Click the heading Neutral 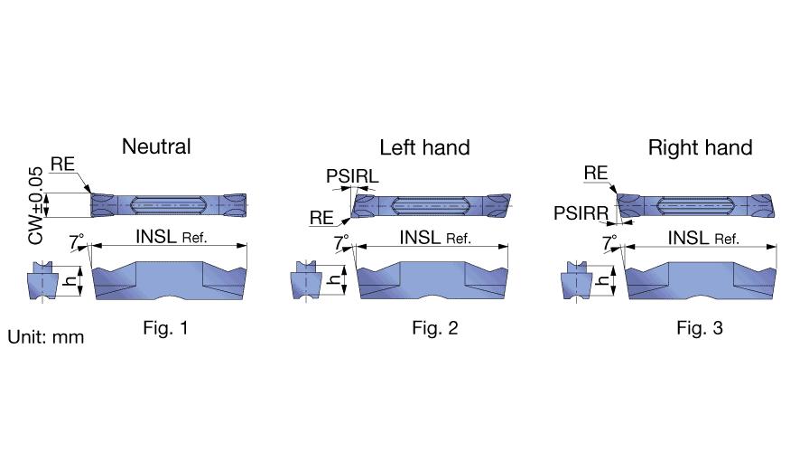click(x=156, y=146)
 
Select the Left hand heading click(x=424, y=147)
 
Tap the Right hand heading click(x=700, y=147)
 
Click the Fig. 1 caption click(x=165, y=327)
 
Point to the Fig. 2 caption click(x=435, y=327)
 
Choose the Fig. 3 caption click(x=700, y=327)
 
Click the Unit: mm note click(x=46, y=337)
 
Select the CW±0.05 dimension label click(x=35, y=205)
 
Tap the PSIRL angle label click(x=352, y=176)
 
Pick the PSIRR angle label click(x=581, y=212)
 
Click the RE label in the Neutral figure click(x=62, y=165)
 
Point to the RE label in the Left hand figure click(x=321, y=218)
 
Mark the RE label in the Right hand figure click(x=596, y=173)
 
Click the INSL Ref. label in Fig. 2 click(x=435, y=238)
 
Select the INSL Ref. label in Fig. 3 click(x=703, y=238)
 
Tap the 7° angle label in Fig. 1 click(x=77, y=241)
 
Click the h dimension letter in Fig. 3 click(x=601, y=281)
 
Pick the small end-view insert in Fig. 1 click(x=42, y=280)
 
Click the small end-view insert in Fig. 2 click(x=306, y=280)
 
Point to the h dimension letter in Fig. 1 click(x=70, y=281)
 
